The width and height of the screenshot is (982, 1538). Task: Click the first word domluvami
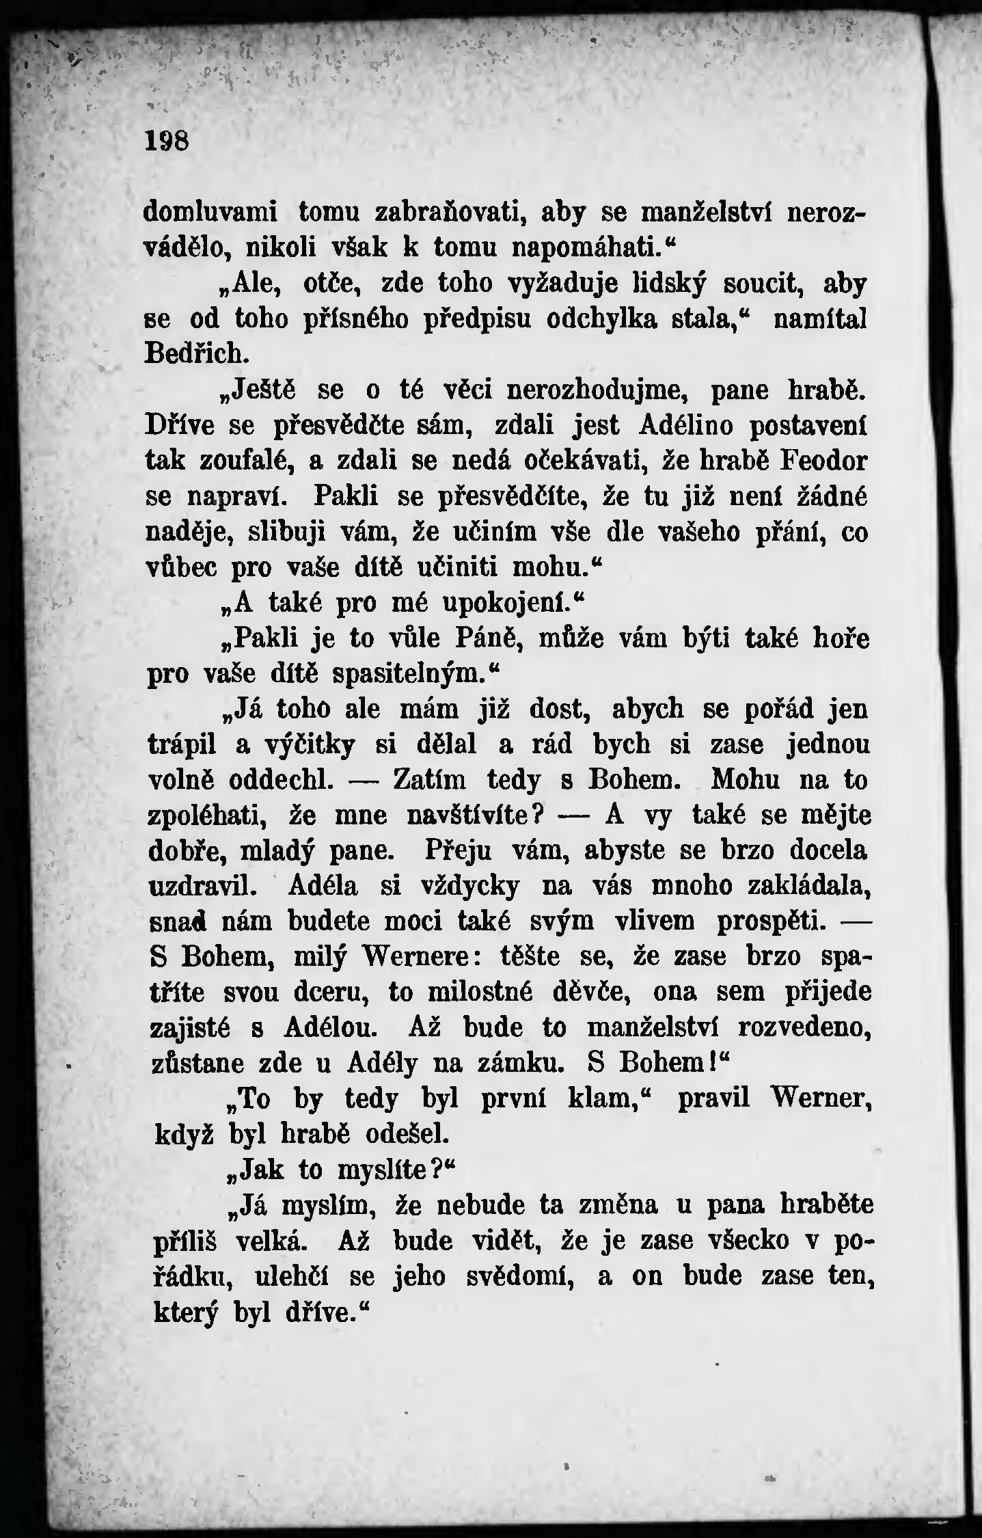[210, 213]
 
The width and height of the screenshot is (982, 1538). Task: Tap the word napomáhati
[584, 247]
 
